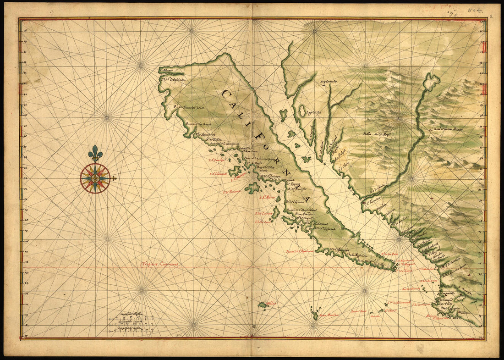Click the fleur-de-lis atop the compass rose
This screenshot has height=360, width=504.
tap(95, 153)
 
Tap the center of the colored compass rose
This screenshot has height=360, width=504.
tap(95, 178)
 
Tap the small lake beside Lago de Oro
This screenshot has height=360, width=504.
tap(302, 110)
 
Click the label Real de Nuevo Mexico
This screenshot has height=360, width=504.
tap(449, 130)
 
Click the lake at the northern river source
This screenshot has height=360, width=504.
tap(431, 81)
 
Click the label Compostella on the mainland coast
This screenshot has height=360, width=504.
tap(449, 293)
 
